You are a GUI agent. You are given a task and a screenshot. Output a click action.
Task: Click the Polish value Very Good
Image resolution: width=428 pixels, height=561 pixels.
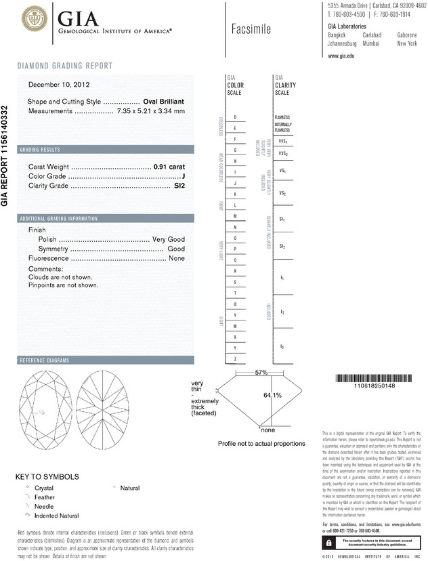168,240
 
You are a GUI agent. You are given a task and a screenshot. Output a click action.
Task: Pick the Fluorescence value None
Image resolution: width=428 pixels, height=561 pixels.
177,258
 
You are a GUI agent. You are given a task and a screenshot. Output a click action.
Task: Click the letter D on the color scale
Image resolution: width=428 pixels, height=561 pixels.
235,117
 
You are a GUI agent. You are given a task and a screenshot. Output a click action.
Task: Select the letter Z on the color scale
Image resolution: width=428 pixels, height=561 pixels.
235,358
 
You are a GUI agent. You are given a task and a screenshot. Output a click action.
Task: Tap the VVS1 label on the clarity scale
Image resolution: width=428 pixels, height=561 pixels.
283,142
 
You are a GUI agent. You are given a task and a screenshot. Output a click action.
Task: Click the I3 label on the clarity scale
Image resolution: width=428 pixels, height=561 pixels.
282,347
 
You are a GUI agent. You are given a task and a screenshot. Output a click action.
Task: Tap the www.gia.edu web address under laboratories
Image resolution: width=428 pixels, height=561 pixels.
341,56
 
